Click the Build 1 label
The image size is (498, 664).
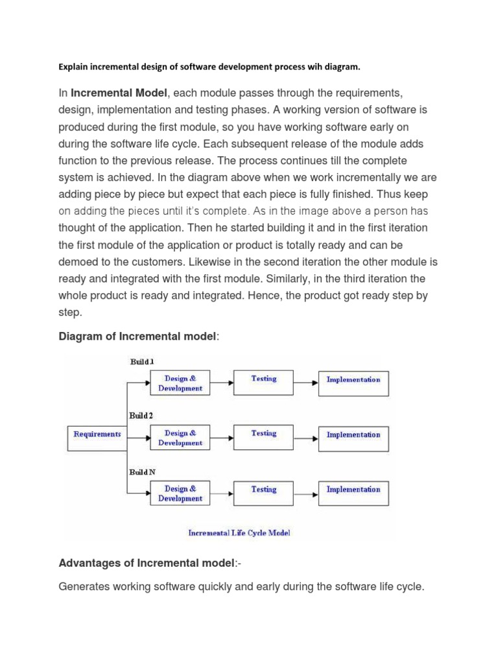142,361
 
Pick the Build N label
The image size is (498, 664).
142,472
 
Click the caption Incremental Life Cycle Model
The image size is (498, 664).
239,532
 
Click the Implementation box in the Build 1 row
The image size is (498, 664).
353,383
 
